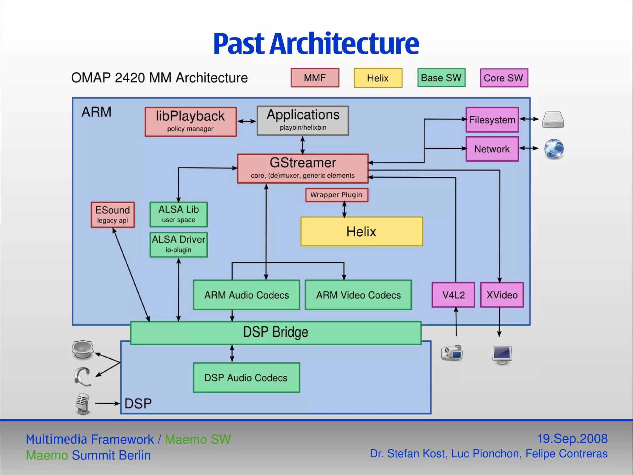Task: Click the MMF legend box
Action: click(315, 78)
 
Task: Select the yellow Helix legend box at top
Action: click(378, 78)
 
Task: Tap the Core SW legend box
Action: click(504, 78)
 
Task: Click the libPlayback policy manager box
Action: click(191, 122)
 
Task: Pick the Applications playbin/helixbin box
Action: click(303, 121)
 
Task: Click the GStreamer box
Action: click(303, 169)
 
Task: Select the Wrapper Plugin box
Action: click(336, 195)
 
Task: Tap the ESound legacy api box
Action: click(113, 215)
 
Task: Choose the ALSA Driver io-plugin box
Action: click(178, 244)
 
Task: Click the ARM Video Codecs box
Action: click(358, 295)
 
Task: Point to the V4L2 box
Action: click(453, 295)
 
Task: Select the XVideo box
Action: click(502, 295)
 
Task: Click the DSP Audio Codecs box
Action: click(246, 378)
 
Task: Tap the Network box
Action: click(492, 149)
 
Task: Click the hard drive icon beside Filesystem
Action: click(553, 119)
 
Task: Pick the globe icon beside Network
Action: click(554, 149)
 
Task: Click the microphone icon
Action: click(83, 404)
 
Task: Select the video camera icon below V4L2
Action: click(452, 353)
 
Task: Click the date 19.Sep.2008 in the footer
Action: click(572, 439)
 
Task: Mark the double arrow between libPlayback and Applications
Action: click(247, 121)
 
